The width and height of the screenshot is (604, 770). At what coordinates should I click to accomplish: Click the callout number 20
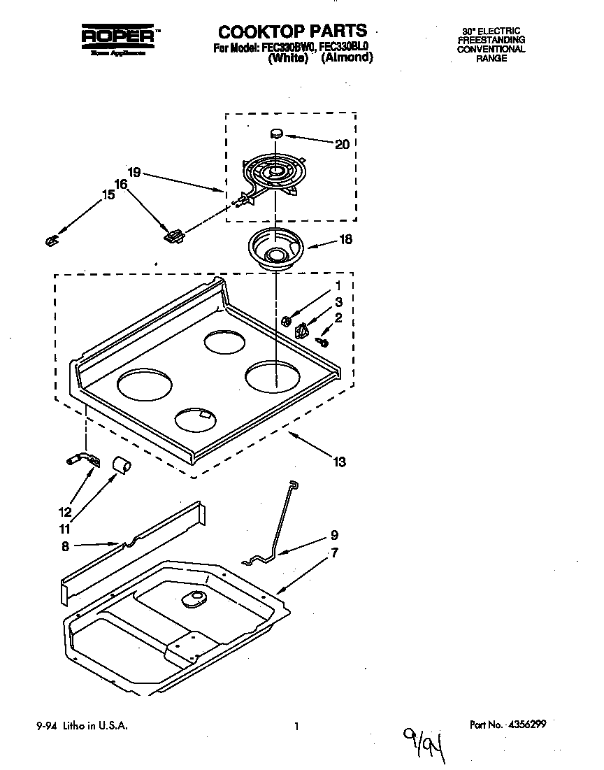342,145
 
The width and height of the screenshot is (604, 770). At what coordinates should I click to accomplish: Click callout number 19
135,171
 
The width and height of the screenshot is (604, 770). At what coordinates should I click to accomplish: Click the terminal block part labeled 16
173,235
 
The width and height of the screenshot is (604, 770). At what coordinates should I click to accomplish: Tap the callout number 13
340,462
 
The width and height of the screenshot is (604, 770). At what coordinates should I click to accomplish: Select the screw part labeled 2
322,341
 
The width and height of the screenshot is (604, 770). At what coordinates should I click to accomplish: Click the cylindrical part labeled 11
122,464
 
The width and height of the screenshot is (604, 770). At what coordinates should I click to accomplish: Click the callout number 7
335,553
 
